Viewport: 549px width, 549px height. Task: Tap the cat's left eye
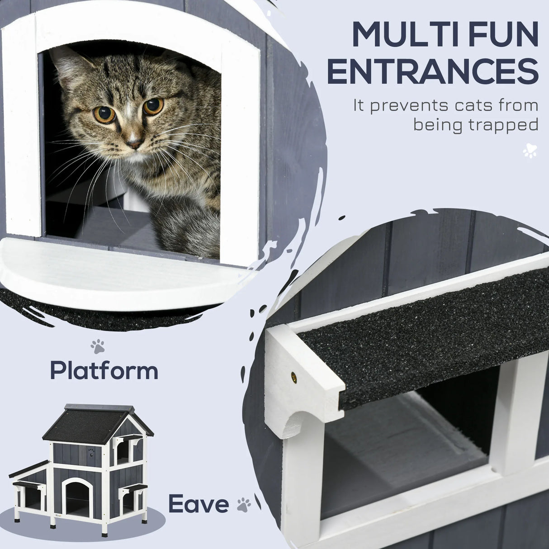153,106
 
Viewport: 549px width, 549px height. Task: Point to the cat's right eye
104,114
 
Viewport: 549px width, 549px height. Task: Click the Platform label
104,371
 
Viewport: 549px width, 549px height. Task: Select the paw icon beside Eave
244,505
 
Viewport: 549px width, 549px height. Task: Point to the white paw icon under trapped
530,151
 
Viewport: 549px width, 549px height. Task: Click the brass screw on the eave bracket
294,376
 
